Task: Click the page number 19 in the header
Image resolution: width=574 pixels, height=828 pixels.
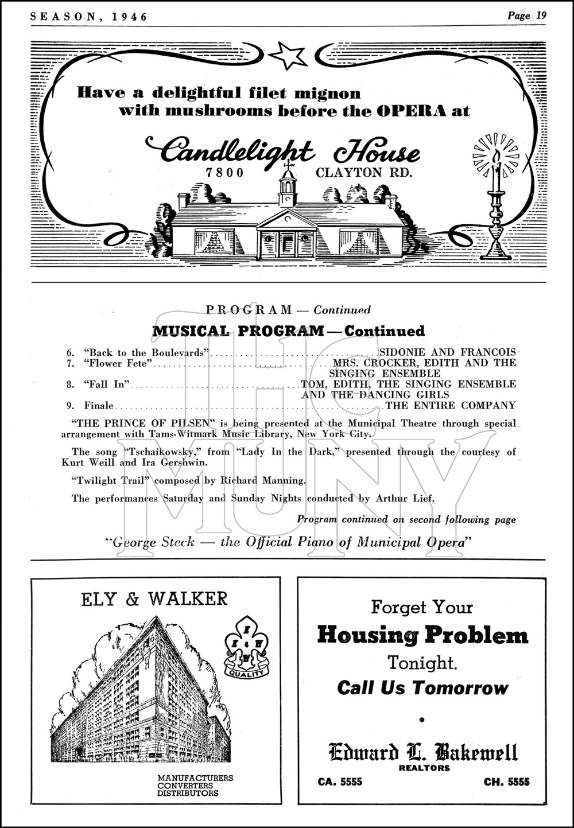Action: point(541,15)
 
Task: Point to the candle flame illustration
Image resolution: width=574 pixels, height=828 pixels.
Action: point(495,156)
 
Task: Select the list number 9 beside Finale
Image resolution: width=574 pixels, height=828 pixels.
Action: point(69,406)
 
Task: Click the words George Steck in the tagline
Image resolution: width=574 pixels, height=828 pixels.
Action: point(154,542)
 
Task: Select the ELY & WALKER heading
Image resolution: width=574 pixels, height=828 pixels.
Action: point(154,599)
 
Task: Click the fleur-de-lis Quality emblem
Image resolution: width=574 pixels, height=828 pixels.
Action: point(246,649)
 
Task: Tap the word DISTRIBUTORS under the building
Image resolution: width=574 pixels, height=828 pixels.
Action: point(188,793)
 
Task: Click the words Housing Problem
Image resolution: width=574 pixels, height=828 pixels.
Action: point(422,635)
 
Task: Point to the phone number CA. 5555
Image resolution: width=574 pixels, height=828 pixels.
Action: point(340,782)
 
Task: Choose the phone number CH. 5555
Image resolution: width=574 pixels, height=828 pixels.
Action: point(507,782)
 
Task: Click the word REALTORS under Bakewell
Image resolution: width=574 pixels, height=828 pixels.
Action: point(424,768)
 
